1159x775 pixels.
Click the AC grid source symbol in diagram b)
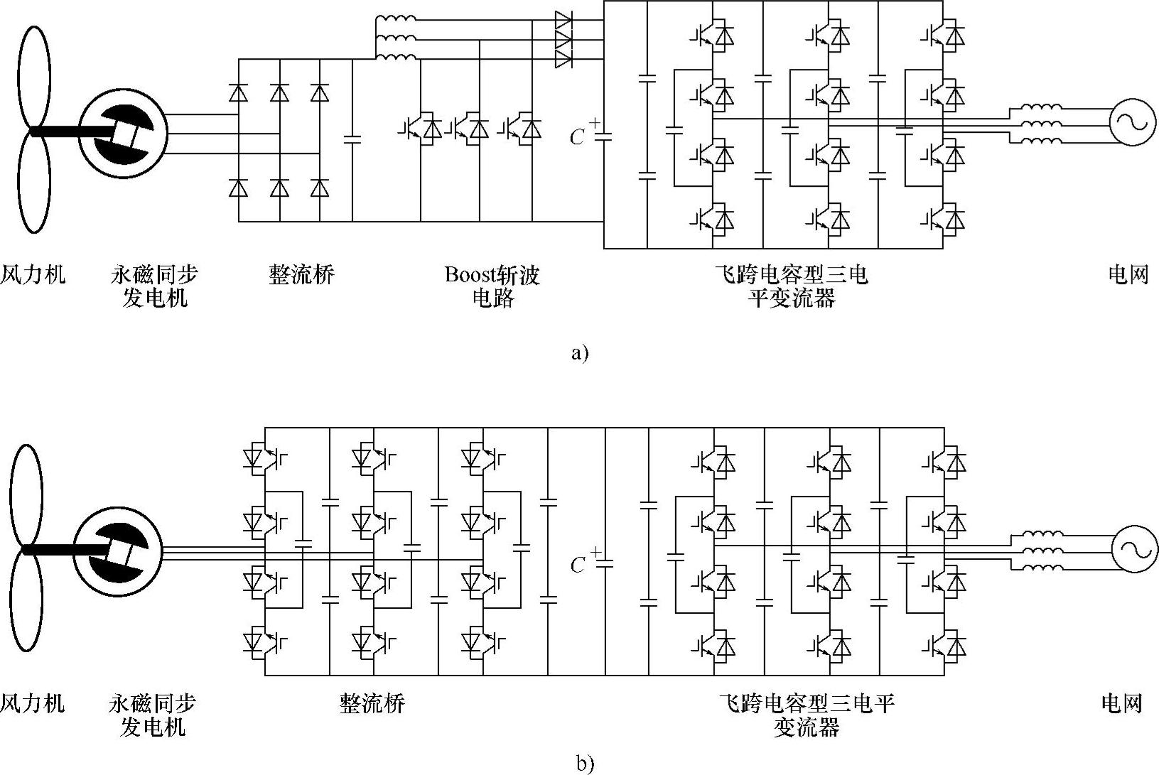(1131, 549)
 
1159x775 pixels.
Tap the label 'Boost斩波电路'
(492, 286)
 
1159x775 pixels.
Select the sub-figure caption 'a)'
(580, 353)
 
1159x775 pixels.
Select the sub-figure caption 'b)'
(585, 764)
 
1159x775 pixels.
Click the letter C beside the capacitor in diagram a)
(577, 137)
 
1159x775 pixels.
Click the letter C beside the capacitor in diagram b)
(578, 565)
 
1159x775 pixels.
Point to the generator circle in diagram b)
(118, 549)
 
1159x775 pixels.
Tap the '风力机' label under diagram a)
(33, 275)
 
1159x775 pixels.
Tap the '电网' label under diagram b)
(1121, 703)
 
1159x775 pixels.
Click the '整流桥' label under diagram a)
(301, 275)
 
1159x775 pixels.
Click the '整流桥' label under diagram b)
(372, 703)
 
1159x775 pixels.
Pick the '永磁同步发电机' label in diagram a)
(154, 286)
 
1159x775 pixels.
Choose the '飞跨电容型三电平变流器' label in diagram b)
(807, 715)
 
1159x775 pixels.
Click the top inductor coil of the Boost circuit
(395, 19)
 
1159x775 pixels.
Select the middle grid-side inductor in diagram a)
(1041, 122)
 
